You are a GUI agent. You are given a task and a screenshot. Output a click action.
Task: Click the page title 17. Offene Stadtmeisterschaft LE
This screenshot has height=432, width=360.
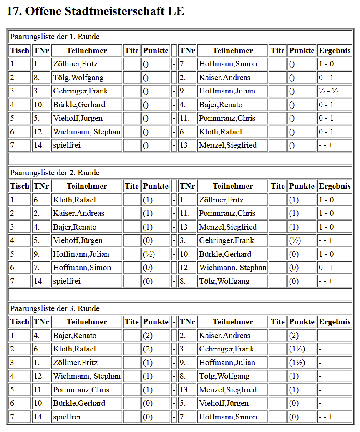pos(95,11)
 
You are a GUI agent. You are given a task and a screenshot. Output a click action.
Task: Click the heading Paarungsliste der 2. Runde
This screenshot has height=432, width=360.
pos(55,173)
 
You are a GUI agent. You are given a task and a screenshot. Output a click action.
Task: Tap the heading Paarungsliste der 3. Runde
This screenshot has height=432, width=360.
pos(55,308)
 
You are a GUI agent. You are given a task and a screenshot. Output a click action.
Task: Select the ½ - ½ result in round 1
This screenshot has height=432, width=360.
pos(328,91)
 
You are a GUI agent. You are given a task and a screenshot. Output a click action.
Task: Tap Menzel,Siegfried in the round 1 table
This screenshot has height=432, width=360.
pos(228,145)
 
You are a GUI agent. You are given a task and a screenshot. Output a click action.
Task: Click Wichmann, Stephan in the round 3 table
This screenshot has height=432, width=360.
pos(87,376)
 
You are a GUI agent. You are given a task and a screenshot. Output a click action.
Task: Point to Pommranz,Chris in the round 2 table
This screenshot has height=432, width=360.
pos(227,213)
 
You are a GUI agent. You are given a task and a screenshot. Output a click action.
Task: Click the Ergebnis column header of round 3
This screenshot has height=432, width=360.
pos(335,322)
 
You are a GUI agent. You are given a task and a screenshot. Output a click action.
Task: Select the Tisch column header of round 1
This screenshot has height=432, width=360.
pos(20,51)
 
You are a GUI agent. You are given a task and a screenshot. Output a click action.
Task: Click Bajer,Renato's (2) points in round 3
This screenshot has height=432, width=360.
pos(148,336)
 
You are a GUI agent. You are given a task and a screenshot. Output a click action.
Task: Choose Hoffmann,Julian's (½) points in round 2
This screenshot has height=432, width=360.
pos(149,254)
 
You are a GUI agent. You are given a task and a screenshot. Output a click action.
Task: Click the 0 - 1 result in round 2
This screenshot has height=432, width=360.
pos(326,268)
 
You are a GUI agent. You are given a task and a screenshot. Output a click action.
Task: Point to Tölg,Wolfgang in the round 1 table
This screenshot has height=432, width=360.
pos(78,78)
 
